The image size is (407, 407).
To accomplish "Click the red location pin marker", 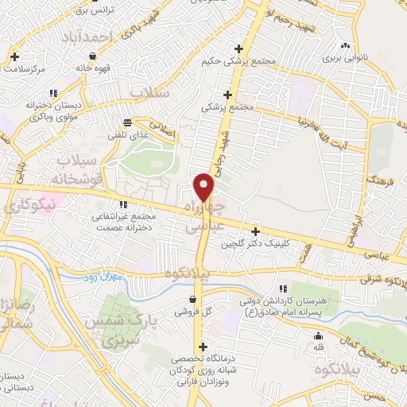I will click(205, 188).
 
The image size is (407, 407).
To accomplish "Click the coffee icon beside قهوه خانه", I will click(95, 56).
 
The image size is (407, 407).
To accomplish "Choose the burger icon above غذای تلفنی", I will click(126, 122).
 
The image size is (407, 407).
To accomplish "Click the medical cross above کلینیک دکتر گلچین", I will click(255, 231).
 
